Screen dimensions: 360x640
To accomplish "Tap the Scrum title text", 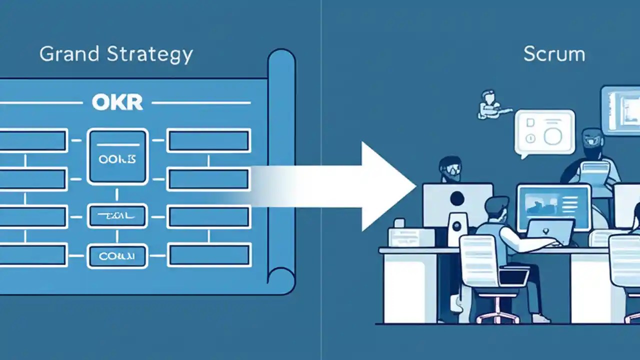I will (554, 54).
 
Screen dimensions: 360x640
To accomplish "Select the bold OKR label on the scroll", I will (117, 102).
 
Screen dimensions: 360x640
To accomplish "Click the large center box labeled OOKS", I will (117, 156).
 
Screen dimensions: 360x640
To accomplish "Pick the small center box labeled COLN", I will (117, 257).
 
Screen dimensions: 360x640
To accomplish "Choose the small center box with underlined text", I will (117, 216).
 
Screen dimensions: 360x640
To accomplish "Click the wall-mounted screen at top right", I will (620, 110).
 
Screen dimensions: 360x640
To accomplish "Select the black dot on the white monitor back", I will (457, 199).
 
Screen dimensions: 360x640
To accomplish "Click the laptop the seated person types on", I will (550, 231).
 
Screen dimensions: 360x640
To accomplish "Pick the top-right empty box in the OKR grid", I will (208, 140).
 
